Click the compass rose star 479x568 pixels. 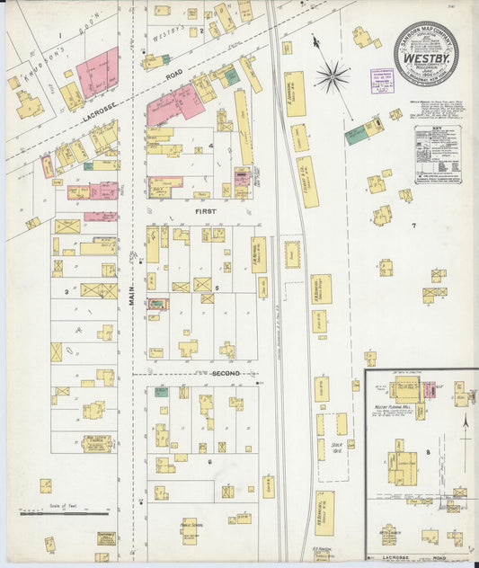pyautogui.click(x=332, y=76)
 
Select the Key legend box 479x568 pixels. pyautogui.click(x=438, y=155)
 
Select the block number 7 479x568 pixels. pyautogui.click(x=413, y=225)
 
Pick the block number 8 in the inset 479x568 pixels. pyautogui.click(x=428, y=451)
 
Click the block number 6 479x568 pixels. pyautogui.click(x=209, y=461)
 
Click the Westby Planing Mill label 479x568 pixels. pyautogui.click(x=393, y=408)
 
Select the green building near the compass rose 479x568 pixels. pyautogui.click(x=356, y=136)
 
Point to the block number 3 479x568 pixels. pyautogui.click(x=66, y=291)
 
